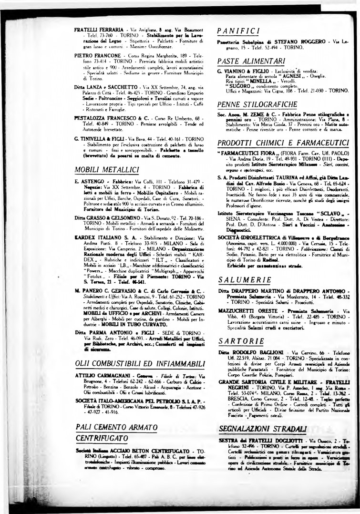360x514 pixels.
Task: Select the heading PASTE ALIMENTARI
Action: click(x=248, y=61)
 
